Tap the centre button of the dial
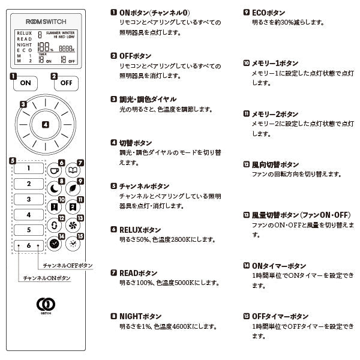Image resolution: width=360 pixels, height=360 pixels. tap(46, 124)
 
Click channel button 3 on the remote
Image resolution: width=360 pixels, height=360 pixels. tap(28, 199)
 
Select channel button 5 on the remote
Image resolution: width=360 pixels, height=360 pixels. tap(28, 230)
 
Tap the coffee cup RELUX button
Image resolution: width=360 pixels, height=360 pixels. tap(55, 170)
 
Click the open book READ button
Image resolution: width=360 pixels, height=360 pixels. tap(73, 170)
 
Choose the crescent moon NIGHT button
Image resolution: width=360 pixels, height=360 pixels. tap(55, 188)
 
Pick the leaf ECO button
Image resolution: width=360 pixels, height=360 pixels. tap(73, 188)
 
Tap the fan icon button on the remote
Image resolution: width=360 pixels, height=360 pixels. tap(73, 226)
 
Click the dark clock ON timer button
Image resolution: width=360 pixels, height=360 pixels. tap(55, 244)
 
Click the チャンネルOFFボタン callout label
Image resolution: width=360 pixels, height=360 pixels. tap(68, 265)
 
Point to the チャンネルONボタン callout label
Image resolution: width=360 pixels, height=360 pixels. tap(47, 278)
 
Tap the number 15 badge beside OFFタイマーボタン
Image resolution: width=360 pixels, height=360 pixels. tap(246, 316)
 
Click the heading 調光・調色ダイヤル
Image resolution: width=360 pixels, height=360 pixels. tap(148, 99)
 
